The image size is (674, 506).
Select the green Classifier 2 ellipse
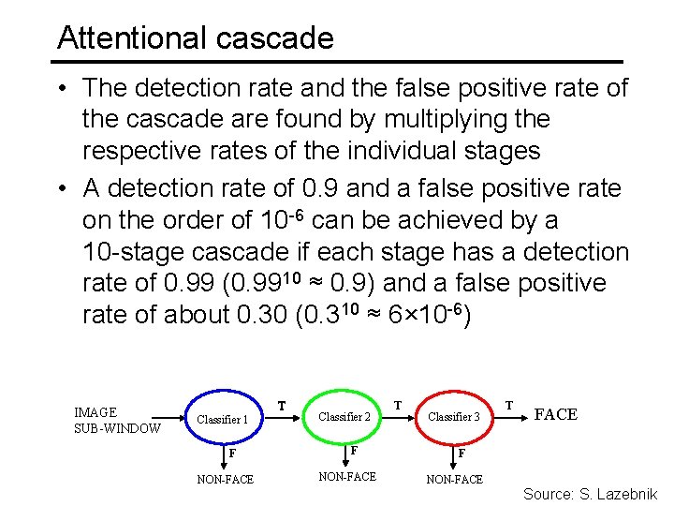(344, 416)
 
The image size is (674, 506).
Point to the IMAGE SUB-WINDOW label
(117, 421)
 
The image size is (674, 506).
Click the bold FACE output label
(555, 414)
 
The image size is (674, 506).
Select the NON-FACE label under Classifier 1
(225, 480)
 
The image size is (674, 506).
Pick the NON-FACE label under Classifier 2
(347, 477)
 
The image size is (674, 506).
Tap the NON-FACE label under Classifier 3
(455, 480)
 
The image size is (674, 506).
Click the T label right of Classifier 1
(282, 406)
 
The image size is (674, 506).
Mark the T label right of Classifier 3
(508, 405)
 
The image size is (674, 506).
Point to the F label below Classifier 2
(353, 451)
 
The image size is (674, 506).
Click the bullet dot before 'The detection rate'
(60, 88)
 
